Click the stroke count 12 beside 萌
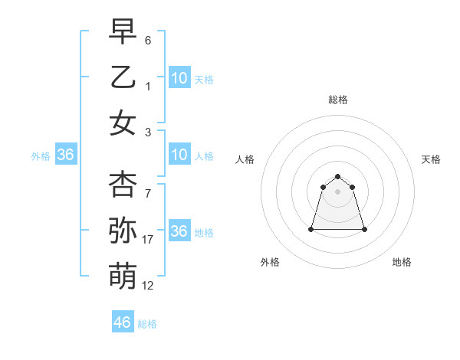(x=148, y=286)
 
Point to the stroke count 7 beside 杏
(x=148, y=194)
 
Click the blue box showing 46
(x=123, y=322)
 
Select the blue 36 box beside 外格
(x=66, y=155)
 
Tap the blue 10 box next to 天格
(x=179, y=78)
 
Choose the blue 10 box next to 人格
(x=179, y=155)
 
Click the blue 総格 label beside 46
(x=147, y=324)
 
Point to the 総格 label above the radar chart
(x=337, y=100)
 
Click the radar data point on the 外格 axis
(x=312, y=229)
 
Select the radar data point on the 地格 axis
(x=363, y=229)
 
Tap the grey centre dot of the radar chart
(x=337, y=191)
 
